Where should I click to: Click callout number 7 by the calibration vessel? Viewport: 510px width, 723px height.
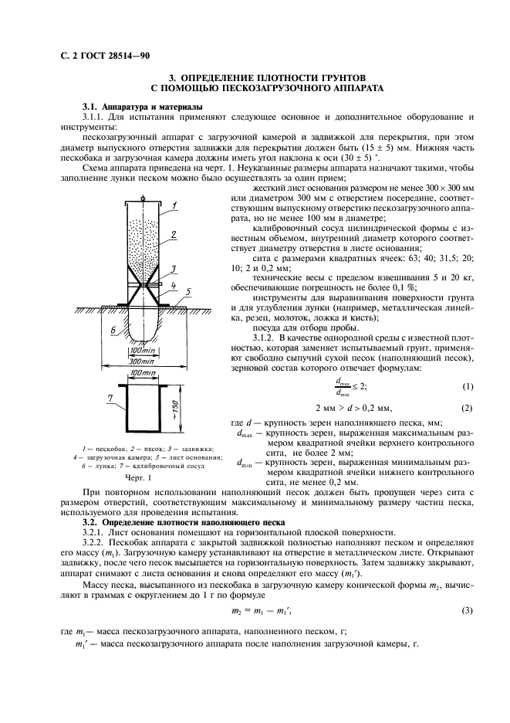click(110, 398)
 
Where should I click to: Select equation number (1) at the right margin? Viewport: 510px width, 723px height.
click(466, 387)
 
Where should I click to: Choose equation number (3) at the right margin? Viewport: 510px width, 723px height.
click(466, 611)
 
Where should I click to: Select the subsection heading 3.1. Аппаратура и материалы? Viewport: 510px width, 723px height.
click(132, 106)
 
